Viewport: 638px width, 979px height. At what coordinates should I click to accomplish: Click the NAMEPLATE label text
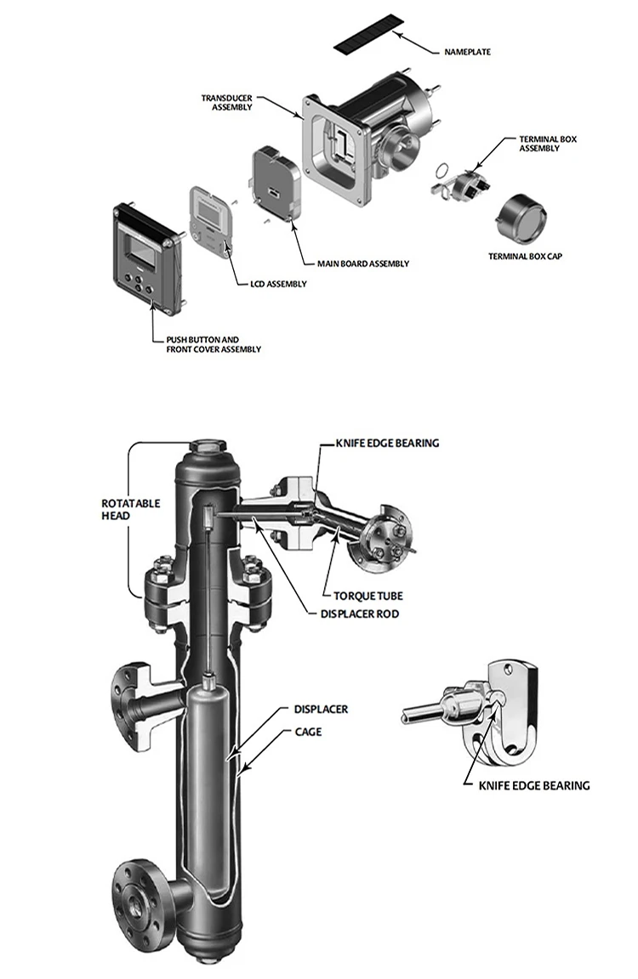[x=467, y=52]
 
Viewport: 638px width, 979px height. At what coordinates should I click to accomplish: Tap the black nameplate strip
[x=369, y=34]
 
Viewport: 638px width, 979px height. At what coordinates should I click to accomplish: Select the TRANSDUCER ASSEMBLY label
[x=227, y=102]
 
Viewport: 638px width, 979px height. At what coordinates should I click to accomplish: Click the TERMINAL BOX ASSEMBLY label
[x=548, y=144]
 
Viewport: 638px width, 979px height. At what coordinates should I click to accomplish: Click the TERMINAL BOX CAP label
[x=525, y=256]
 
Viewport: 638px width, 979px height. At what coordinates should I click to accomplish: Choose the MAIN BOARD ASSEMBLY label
[x=363, y=263]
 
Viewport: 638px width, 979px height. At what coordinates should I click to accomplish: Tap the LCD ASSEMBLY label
[x=278, y=284]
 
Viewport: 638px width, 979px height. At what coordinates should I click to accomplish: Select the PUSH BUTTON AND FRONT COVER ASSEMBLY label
[x=213, y=345]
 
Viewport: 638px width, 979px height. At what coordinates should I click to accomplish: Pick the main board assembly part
[x=277, y=184]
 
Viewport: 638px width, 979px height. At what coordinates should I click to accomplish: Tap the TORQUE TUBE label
[x=367, y=596]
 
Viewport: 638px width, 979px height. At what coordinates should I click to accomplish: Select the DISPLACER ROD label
[x=359, y=614]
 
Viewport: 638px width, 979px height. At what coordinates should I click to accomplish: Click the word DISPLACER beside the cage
[x=321, y=710]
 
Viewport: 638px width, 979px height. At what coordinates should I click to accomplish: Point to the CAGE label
[x=308, y=731]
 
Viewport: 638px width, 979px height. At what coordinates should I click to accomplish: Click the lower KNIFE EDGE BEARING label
[x=533, y=785]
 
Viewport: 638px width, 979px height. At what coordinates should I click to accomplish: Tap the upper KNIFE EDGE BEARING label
[x=387, y=443]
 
